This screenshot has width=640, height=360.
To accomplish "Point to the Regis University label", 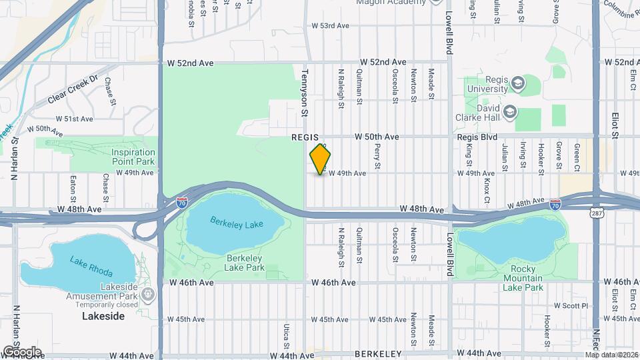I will point(488,83).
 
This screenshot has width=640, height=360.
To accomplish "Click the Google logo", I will point(22,351).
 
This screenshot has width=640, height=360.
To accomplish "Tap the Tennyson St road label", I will point(305,93).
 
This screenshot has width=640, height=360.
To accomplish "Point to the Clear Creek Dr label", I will point(73,91).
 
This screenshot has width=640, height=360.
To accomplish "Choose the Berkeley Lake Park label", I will point(247,263).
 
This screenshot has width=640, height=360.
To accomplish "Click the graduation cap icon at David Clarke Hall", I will point(510,111).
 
